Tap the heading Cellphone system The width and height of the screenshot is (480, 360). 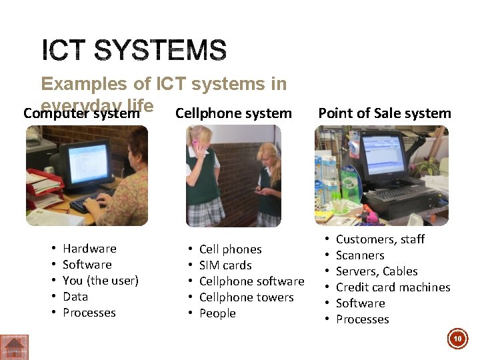[x=233, y=113]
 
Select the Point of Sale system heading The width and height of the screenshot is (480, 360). [x=385, y=113]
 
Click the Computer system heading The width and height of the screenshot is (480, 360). [x=81, y=114]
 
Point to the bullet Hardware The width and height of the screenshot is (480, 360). [x=89, y=249]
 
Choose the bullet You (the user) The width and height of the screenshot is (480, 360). [x=100, y=281]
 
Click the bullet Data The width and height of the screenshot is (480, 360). [x=75, y=297]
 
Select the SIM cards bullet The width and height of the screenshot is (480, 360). [x=225, y=265]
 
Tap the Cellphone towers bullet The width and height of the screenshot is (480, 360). [x=246, y=297]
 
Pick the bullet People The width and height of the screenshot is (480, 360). [x=217, y=313]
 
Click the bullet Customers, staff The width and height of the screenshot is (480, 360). [x=380, y=239]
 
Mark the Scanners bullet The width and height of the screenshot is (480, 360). [x=360, y=255]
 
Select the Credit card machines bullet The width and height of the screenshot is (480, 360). [x=393, y=287]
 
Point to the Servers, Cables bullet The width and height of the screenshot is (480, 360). [x=377, y=271]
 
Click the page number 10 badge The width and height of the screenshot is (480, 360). [x=457, y=339]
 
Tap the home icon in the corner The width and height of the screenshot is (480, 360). [x=14, y=347]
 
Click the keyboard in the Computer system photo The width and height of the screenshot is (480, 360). [x=90, y=200]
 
